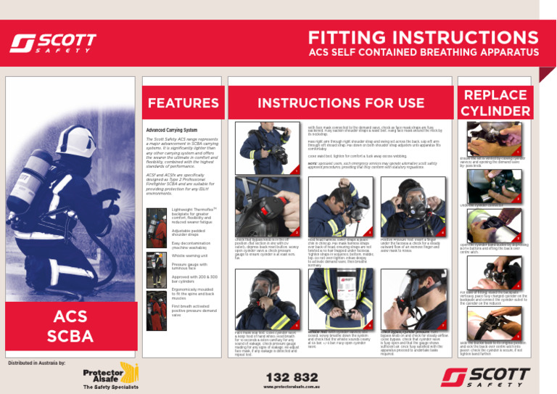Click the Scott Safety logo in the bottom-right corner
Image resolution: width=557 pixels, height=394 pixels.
pos(492,377)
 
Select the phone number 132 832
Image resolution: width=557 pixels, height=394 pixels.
pos(292,377)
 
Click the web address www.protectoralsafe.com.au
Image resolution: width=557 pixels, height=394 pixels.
pos(292,387)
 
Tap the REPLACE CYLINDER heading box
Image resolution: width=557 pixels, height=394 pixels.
pos(495,103)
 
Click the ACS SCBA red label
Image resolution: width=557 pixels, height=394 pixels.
pos(72,327)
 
